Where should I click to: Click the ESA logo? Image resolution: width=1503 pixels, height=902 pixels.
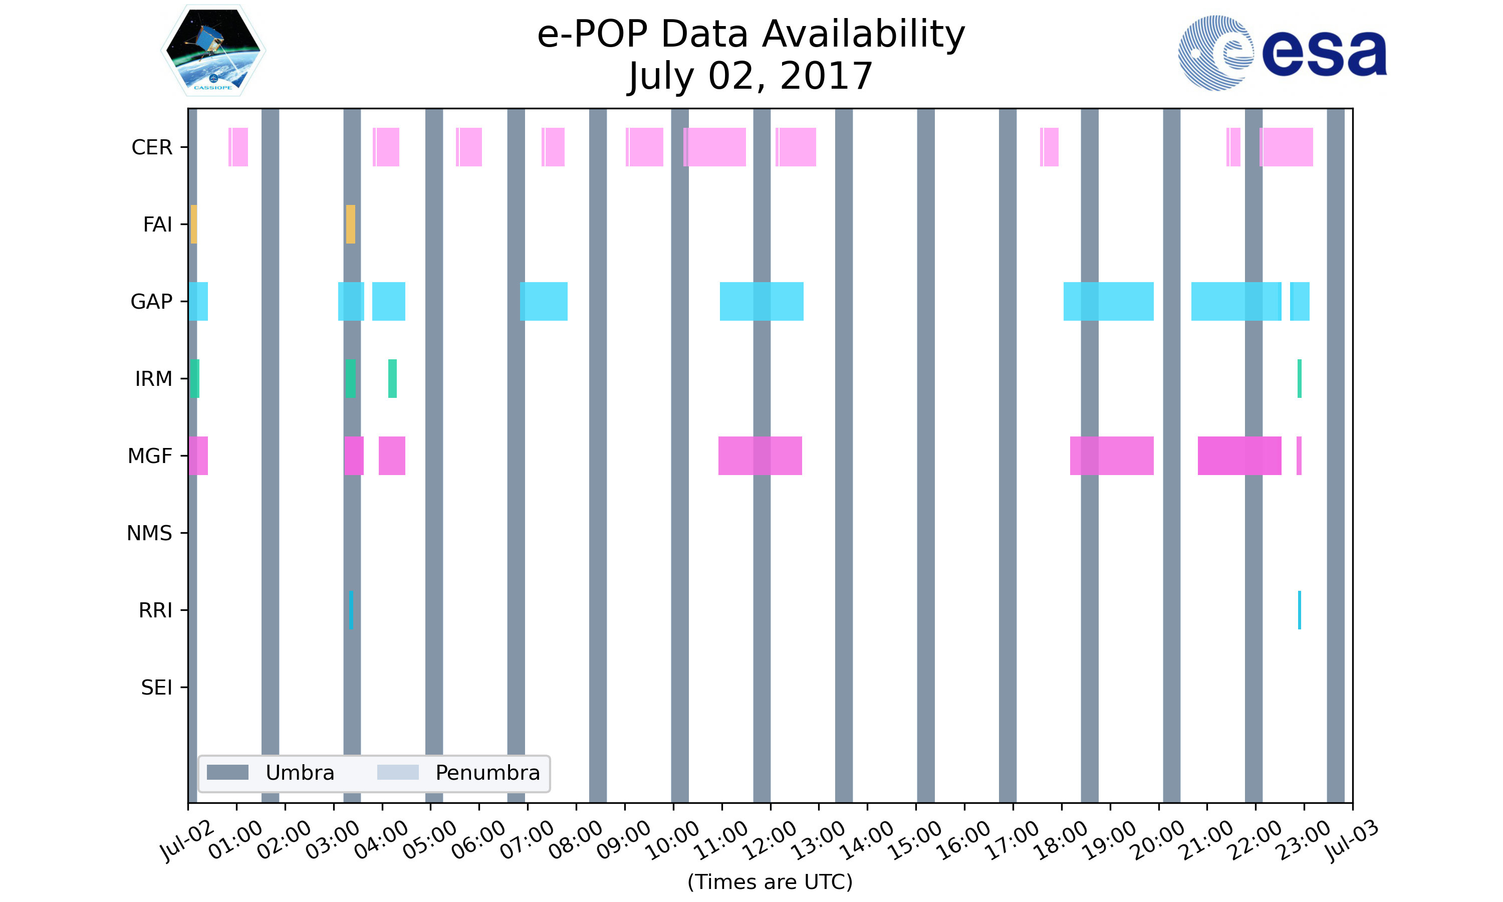coord(1282,53)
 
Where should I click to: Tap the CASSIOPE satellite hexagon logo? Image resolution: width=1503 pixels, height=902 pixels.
coord(213,51)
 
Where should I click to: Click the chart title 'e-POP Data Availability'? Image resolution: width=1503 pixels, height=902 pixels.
coord(751,34)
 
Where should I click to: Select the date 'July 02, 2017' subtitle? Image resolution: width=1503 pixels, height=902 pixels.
coord(751,76)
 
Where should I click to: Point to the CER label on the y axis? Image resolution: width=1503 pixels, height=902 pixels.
coord(152,148)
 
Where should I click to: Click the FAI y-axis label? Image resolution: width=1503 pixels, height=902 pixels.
coord(157,225)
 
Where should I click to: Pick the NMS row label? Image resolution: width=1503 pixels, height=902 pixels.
coord(149,534)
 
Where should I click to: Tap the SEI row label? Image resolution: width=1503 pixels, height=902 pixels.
coord(156,688)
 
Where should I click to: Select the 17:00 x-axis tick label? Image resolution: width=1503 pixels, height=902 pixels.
coord(1014,840)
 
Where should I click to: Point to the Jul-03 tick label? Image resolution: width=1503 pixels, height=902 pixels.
coord(1352,840)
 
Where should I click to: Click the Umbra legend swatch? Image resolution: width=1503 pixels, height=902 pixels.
coord(228,773)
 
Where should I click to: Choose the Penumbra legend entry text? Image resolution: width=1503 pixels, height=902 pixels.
coord(487,773)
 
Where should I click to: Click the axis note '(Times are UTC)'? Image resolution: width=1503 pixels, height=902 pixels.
coord(770,882)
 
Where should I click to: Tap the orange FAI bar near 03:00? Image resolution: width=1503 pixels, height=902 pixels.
coord(351,224)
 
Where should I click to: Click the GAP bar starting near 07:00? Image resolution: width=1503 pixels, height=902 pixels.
coord(544,302)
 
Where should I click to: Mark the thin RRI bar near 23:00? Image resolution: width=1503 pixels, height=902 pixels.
coord(1300,610)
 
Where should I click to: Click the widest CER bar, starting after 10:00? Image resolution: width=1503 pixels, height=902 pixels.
coord(714,147)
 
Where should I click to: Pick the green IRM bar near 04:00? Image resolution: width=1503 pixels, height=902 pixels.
coord(392,379)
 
